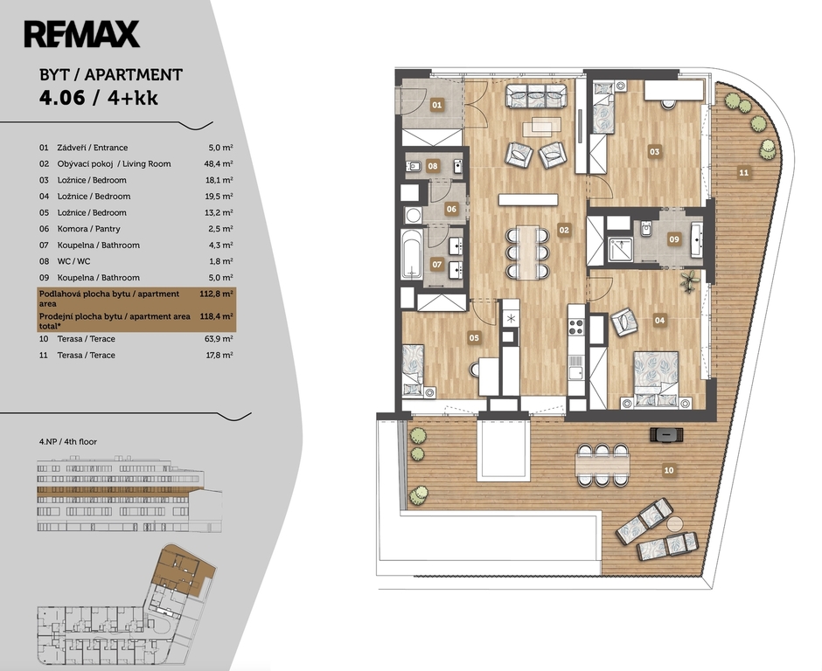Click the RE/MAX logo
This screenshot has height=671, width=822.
[82, 34]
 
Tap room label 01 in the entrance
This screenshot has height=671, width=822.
[436, 105]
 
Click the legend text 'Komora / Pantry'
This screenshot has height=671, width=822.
[88, 229]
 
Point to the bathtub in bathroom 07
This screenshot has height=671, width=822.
[412, 254]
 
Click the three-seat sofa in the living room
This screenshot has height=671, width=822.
[536, 96]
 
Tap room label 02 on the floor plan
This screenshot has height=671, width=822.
[563, 230]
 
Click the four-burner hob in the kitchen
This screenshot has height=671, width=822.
[576, 327]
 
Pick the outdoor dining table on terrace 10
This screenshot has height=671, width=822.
[602, 465]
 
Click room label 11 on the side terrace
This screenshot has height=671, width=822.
[743, 172]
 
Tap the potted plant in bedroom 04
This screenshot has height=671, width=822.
[690, 281]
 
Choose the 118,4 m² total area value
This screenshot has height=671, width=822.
[217, 316]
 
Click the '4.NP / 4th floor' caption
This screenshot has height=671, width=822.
[68, 441]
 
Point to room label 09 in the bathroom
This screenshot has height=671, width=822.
[673, 239]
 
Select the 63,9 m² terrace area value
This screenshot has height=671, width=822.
[219, 339]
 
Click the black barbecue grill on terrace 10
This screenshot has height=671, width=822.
[667, 434]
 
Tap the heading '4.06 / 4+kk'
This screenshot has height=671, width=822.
[99, 98]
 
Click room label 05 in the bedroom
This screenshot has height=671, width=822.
[474, 338]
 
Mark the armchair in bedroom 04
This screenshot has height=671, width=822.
[623, 322]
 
